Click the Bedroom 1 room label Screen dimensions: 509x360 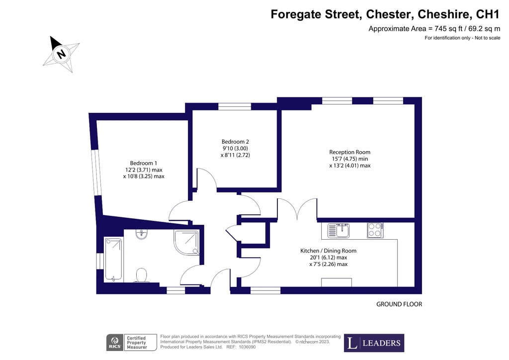(x=144, y=163)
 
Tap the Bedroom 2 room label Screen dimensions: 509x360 (x=235, y=142)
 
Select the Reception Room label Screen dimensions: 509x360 (x=349, y=152)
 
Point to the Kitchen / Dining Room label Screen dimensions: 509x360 (x=328, y=251)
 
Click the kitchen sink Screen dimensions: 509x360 (x=339, y=231)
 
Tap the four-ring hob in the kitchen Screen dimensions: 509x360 (x=375, y=230)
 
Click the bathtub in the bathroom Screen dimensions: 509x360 (x=113, y=260)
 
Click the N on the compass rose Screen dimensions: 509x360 (x=61, y=54)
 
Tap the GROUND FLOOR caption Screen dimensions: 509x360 (x=399, y=304)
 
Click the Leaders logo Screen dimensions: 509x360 (x=374, y=343)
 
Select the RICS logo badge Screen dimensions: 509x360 (x=115, y=343)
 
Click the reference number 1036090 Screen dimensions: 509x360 (x=248, y=347)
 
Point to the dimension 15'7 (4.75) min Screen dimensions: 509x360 (x=349, y=159)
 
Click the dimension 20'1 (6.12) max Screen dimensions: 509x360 (x=329, y=258)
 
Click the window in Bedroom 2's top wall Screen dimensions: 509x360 (x=235, y=106)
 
